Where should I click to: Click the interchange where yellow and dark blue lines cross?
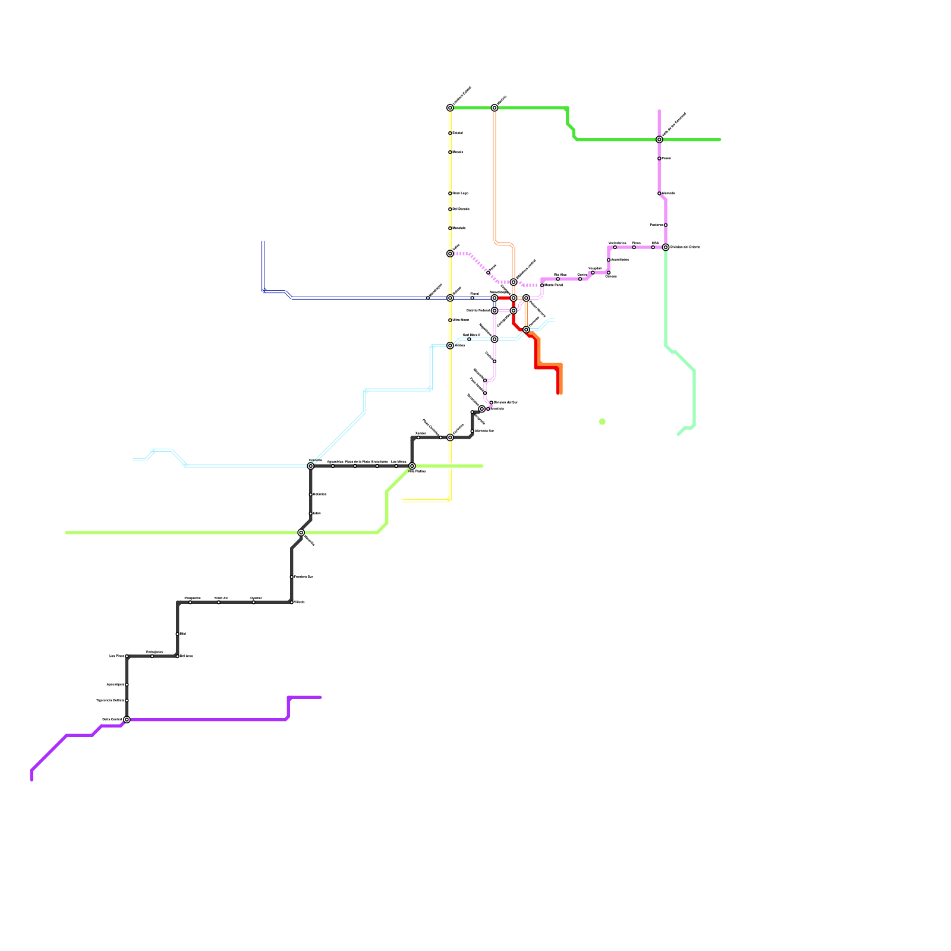[450, 298]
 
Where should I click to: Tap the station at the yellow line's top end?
[450, 108]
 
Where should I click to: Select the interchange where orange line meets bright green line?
[495, 108]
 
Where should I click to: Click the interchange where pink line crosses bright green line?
[659, 140]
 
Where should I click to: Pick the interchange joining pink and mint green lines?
[666, 247]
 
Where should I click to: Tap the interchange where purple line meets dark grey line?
[127, 719]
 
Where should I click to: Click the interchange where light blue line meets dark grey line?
[310, 466]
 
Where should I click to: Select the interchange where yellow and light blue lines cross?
[450, 345]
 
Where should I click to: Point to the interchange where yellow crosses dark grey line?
[450, 437]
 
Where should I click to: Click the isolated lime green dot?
[602, 421]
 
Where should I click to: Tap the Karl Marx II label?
[471, 335]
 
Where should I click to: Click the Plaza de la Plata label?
[357, 461]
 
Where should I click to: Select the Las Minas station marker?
[396, 466]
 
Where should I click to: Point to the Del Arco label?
[187, 656]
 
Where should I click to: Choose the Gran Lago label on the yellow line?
[461, 193]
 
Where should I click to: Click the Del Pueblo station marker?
[450, 209]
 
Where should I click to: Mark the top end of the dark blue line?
[263, 242]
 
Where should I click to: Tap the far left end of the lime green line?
[66, 533]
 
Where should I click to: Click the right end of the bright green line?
[720, 140]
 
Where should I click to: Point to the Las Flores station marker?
[127, 656]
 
